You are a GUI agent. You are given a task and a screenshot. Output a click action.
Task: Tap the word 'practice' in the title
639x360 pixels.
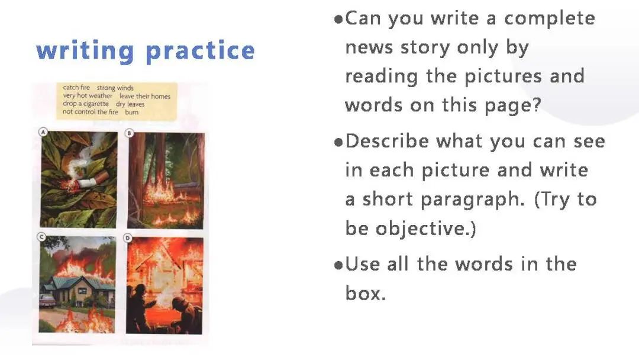200,50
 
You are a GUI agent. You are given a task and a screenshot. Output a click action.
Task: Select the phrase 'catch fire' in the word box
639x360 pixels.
76,87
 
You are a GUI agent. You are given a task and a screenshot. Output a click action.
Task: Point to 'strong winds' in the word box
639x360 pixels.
115,88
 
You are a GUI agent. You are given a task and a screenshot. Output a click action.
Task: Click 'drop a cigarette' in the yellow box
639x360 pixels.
86,104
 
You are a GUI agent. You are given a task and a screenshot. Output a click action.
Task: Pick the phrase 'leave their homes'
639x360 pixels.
145,97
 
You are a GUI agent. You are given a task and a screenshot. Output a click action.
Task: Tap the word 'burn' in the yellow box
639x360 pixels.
131,112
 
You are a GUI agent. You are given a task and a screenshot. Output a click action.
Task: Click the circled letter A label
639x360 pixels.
43,131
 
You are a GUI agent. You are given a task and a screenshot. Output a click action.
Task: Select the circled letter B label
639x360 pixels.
129,133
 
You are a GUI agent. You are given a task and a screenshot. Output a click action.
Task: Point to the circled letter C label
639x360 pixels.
41,237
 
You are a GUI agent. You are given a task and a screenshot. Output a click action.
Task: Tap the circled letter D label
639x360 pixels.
128,237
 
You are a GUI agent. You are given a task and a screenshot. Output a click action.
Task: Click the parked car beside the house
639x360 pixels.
47,301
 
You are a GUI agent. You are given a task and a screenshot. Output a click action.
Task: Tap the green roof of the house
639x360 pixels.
78,281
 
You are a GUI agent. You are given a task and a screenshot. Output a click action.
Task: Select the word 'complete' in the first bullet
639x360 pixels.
550,19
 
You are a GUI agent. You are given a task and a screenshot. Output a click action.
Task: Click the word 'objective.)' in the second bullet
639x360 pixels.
411,229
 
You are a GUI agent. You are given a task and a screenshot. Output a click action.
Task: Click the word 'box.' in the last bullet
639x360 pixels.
365,292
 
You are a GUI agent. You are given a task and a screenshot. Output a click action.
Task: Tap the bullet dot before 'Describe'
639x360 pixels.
338,142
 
